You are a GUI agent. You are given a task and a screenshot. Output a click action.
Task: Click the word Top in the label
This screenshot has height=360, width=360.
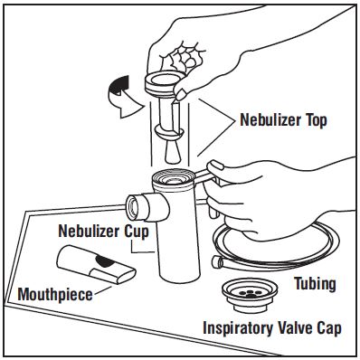pos(317,120)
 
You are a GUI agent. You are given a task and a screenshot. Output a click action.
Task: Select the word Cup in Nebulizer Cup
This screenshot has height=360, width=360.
pos(137,232)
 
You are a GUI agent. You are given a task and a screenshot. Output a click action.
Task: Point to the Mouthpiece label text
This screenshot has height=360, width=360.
pos(55,295)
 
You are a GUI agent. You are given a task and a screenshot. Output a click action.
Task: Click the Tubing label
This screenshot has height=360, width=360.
pos(315,284)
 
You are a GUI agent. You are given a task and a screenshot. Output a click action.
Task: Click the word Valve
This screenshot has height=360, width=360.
pos(298,327)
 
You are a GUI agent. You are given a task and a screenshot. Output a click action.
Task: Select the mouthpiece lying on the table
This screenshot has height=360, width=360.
pos(95,264)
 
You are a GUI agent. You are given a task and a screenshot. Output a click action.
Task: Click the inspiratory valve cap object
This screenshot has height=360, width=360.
pos(250,296)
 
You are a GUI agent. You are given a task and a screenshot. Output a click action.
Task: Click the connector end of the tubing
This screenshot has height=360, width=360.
pos(216,262)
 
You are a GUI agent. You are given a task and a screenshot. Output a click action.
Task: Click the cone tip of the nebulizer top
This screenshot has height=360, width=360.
pos(173,151)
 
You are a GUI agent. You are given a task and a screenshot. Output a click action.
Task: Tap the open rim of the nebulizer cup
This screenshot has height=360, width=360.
pos(174,178)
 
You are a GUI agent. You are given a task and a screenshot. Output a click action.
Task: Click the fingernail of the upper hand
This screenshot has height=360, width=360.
pos(181,95)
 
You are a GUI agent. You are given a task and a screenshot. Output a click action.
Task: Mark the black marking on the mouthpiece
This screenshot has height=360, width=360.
pos(103,261)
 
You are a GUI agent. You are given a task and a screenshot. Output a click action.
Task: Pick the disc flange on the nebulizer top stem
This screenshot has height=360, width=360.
pos(169,132)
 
